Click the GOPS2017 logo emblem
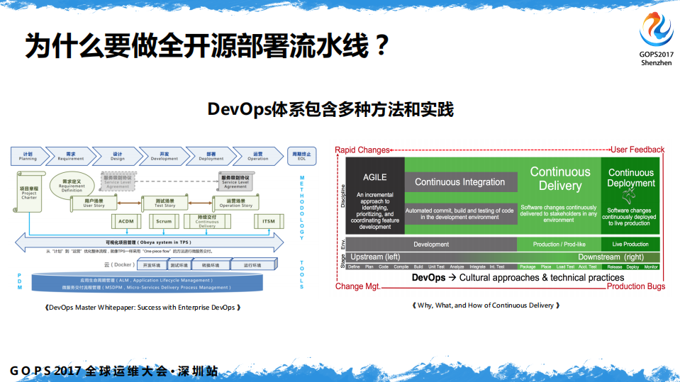[x=656, y=30]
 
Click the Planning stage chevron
[x=28, y=156]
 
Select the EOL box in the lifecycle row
[x=301, y=156]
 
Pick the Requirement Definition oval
[x=72, y=184]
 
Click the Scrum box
[x=163, y=221]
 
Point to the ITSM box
[x=269, y=221]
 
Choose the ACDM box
[x=126, y=221]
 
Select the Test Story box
[x=165, y=203]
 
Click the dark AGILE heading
[x=375, y=177]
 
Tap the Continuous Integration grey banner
[x=460, y=182]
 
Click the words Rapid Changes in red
[x=362, y=150]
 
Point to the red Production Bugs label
[x=635, y=286]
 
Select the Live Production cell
[x=630, y=245]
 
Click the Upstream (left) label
[x=375, y=257]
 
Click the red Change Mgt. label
[x=357, y=286]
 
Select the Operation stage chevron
[x=257, y=156]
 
